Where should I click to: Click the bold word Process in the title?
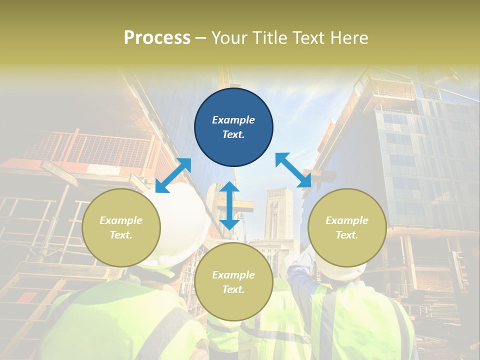tap(157, 38)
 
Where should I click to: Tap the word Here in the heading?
tap(348, 38)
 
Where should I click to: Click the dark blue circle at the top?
tap(233, 127)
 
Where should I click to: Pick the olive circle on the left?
tap(121, 227)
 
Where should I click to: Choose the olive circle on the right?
tap(347, 227)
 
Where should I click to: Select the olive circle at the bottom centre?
tap(233, 281)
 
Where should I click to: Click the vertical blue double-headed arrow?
tap(229, 205)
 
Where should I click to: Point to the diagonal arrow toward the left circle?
tap(173, 175)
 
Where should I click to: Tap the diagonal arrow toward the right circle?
tap(293, 170)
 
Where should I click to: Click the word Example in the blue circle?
tap(233, 120)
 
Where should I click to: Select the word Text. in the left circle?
tap(121, 235)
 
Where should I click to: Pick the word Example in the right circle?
tap(347, 220)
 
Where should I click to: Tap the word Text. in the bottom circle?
tap(233, 289)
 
